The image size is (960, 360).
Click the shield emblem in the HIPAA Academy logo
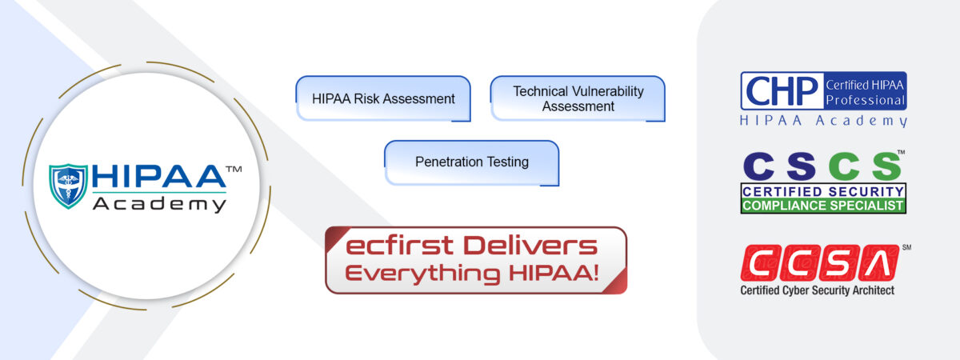pos(69,186)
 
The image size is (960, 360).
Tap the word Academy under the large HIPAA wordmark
pos(159,205)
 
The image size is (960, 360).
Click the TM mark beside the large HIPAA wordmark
pos(234,170)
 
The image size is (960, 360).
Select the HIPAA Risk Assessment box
pos(383,98)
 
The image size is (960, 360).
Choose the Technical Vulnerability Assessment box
pos(578,98)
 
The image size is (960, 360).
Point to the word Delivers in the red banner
pos(530,246)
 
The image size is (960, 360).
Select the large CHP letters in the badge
pos(782,91)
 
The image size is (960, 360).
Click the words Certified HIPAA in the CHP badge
pos(865,85)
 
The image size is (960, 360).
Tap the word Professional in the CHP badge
pos(865,100)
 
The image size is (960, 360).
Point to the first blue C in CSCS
pos(758,166)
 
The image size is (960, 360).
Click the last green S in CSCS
pos(886,166)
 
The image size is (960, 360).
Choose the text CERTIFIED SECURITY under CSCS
pos(823,191)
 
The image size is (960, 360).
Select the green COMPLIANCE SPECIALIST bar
pos(823,206)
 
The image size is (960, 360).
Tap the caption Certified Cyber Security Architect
pos(818,290)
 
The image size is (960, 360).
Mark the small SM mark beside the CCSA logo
pos(906,247)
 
